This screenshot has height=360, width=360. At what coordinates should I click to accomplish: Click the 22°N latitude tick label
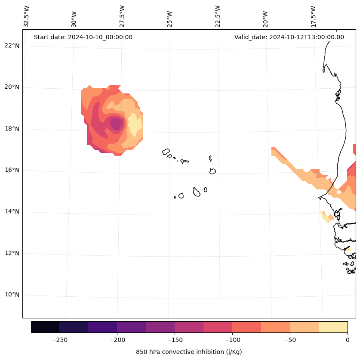coord(12,46)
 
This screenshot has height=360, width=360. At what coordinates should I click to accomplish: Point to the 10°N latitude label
coord(12,295)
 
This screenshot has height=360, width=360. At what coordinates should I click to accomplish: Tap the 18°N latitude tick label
coord(12,129)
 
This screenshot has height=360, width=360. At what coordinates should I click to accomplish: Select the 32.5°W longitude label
coord(27,16)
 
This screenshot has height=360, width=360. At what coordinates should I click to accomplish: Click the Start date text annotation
coord(83,37)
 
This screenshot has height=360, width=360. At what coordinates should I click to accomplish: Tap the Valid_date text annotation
coord(289,37)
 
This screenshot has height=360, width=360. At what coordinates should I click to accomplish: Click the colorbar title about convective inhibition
coord(189,352)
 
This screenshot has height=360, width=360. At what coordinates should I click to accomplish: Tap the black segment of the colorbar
coord(45,327)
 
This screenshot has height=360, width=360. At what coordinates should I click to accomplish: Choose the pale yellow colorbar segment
coord(333,327)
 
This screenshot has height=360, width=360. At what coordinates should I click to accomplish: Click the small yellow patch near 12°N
coord(348,249)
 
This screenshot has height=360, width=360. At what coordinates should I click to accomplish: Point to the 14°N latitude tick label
coord(12,212)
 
